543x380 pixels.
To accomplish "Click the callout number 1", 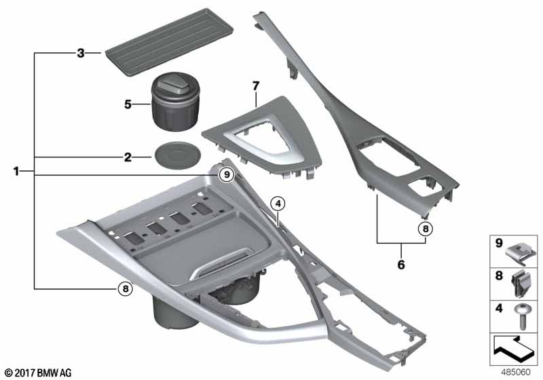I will (17, 172).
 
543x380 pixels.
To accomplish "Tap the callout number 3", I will (80, 52).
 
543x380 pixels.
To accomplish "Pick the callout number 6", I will (401, 264).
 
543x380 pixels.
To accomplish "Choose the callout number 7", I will (256, 86).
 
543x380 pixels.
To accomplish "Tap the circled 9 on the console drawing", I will (227, 175).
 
